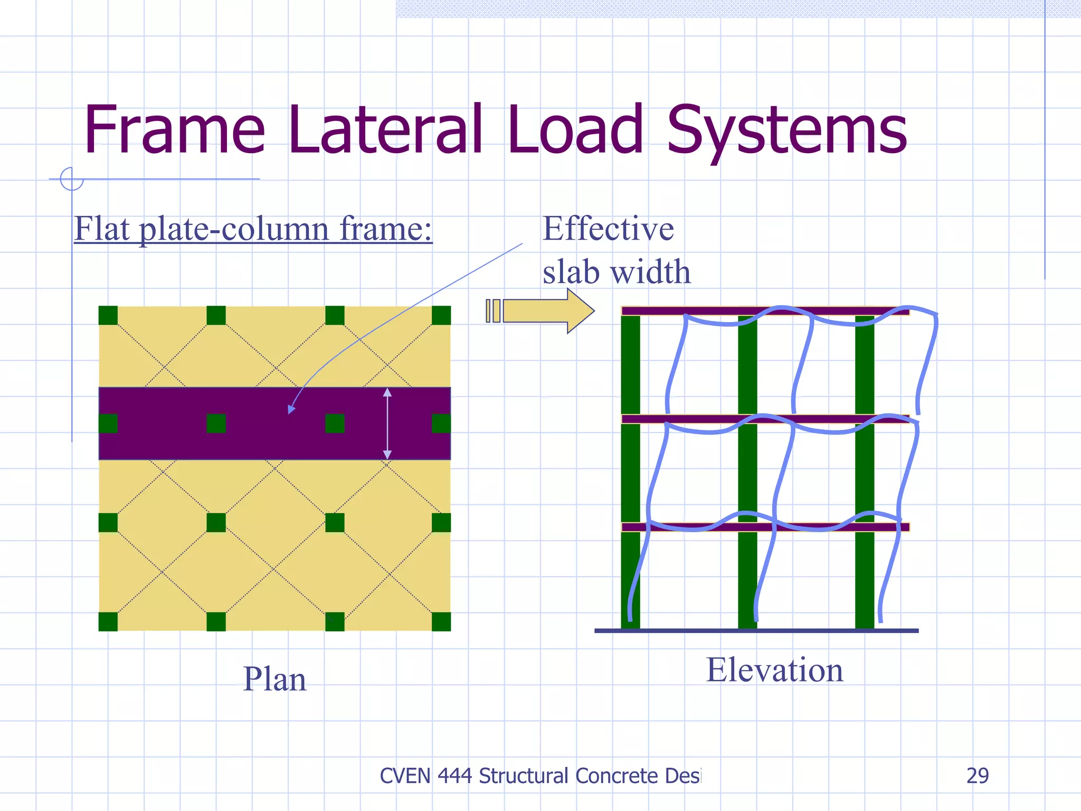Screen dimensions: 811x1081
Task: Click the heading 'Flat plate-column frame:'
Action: [253, 229]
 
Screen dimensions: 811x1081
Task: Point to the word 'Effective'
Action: [608, 229]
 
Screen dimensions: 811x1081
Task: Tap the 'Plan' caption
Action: [274, 679]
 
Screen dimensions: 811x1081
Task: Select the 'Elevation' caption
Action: [774, 670]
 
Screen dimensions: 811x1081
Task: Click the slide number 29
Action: [977, 776]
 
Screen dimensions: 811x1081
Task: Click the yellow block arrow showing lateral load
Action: [544, 310]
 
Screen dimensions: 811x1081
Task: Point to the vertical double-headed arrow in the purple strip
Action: [387, 423]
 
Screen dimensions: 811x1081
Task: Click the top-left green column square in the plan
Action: [108, 315]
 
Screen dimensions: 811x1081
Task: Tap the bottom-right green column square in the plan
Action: [441, 621]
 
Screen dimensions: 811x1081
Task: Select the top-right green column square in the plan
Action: [441, 315]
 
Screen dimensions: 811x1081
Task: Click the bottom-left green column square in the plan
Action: [108, 621]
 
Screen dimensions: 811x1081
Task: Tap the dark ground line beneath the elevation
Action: [756, 630]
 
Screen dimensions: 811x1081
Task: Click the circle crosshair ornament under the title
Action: [72, 179]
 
